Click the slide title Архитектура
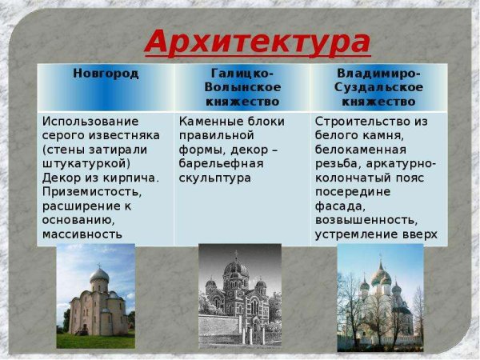pyautogui.click(x=258, y=41)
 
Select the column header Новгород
pyautogui.click(x=106, y=74)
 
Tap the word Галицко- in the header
pyautogui.click(x=242, y=74)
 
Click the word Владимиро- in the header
pyautogui.click(x=379, y=74)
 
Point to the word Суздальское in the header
pyautogui.click(x=379, y=88)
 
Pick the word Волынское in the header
pyautogui.click(x=242, y=88)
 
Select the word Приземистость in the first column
pyautogui.click(x=90, y=192)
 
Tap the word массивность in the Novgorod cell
pyautogui.click(x=82, y=234)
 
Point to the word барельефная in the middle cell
pyautogui.click(x=216, y=163)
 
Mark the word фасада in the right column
pyautogui.click(x=338, y=206)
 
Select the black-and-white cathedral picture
pyautogui.click(x=239, y=297)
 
